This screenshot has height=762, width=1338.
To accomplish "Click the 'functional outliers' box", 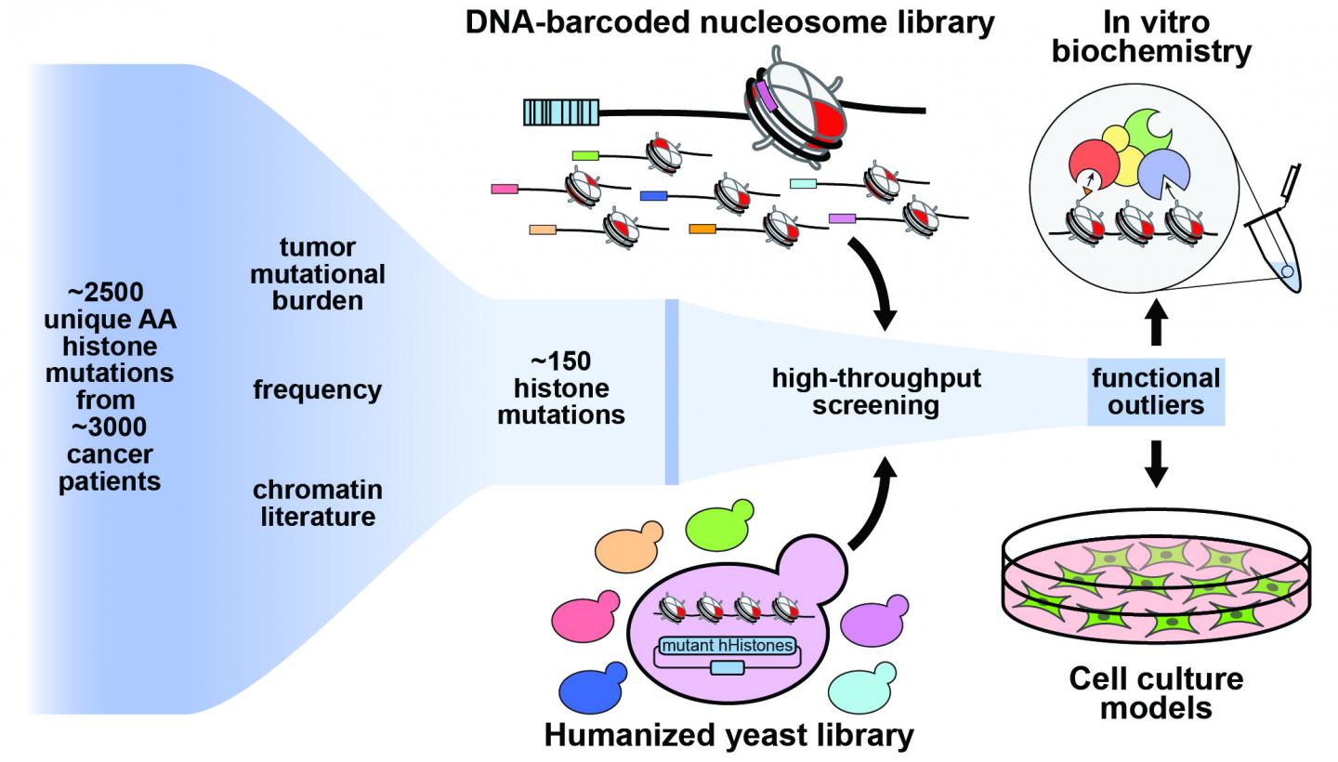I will pos(1156,391).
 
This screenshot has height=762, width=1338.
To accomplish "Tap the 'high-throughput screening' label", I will pos(876,391).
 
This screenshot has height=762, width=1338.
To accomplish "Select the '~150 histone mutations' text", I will pos(561,388).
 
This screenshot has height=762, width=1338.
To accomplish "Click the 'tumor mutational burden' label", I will pos(317,274).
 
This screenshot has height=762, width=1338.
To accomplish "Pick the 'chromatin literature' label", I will pos(317,503).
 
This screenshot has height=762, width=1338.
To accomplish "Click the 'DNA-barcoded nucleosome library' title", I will pos(730,22).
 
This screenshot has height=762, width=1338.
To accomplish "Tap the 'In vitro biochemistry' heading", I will pos(1151,37).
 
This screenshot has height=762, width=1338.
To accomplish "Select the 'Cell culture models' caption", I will pos(1155,693).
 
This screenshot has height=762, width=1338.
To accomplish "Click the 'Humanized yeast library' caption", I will pos(728,736).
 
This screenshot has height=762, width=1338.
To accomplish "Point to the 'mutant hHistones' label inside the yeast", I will pos(728,645).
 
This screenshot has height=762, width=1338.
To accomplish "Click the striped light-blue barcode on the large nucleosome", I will pos(558,112).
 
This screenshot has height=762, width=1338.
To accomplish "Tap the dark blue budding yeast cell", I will pos(592,690).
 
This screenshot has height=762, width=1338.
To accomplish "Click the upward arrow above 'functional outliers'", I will pos(1155,325).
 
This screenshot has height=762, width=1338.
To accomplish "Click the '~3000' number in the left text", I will pos(109,428).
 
